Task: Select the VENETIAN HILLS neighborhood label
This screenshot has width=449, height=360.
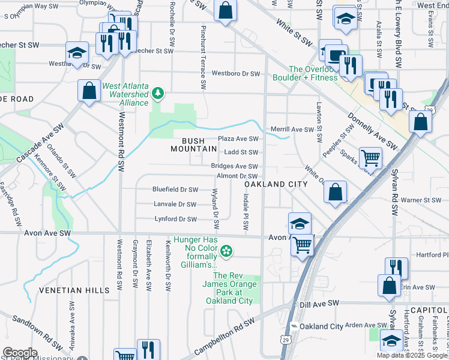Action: point(82,290)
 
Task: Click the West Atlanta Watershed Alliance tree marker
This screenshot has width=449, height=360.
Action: point(158,93)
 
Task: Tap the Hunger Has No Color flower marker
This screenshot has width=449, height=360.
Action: point(226,250)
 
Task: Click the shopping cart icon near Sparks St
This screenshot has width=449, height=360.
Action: point(370,158)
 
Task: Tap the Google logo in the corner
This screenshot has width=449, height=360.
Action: point(20,352)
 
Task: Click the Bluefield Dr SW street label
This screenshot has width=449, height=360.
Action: point(175,190)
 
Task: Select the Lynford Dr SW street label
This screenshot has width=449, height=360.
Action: point(175,220)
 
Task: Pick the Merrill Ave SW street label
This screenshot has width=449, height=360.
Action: point(292,130)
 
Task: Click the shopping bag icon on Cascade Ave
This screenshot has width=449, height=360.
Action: point(89,91)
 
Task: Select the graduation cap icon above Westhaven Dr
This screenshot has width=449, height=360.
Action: point(77,52)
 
